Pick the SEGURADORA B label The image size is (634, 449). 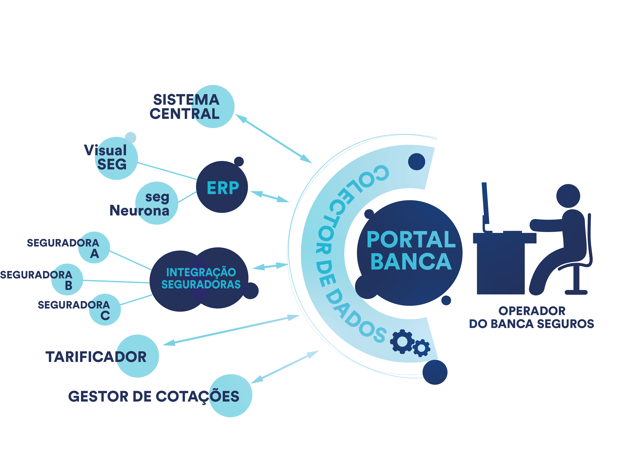point(36,280)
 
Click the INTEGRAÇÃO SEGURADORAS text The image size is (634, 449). point(201,278)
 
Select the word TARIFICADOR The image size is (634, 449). point(96,357)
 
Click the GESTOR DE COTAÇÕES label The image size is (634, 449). point(154,396)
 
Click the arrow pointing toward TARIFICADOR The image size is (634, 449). point(231,330)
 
